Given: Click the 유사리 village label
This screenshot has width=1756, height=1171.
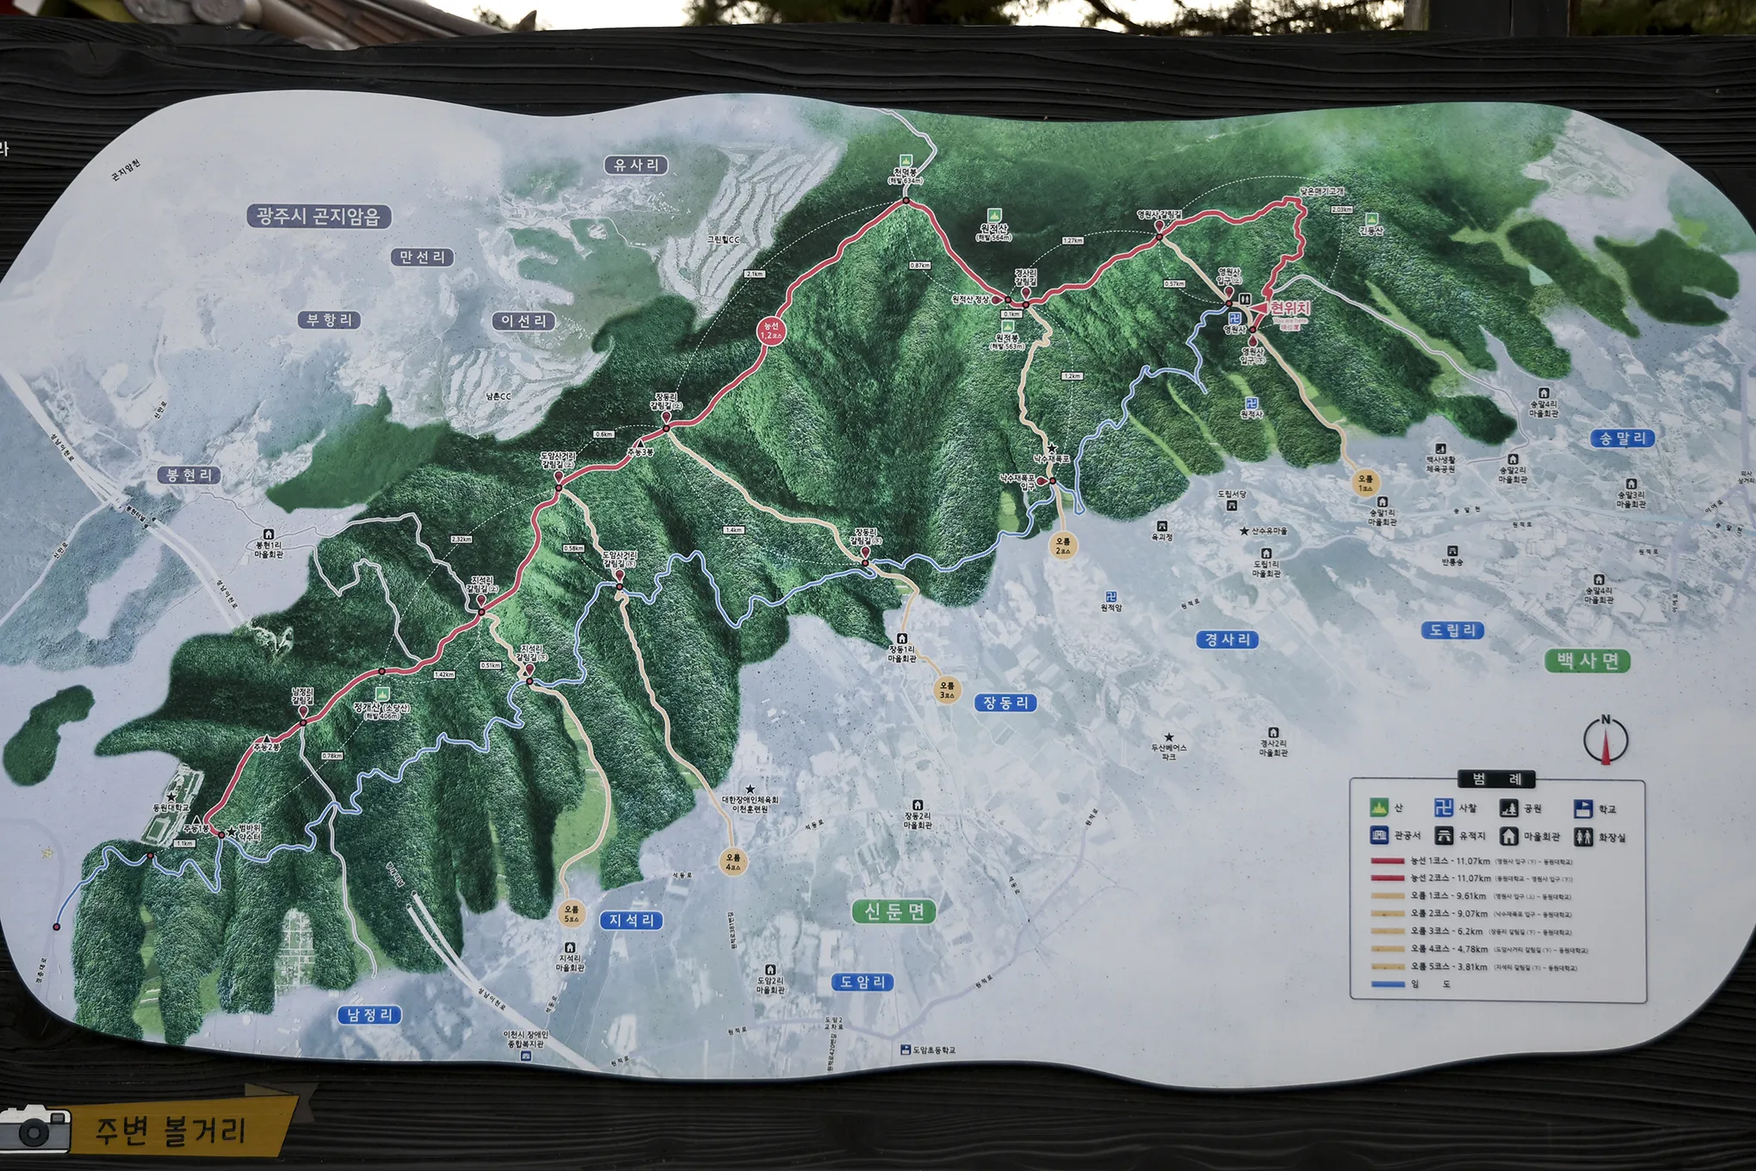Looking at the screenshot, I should (636, 165).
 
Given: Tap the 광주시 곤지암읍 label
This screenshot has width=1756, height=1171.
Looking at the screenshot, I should (318, 216).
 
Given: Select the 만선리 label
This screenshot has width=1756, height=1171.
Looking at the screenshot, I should (422, 257).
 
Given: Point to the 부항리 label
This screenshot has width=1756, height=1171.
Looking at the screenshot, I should (329, 320).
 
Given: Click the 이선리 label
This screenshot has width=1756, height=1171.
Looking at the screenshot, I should (523, 321).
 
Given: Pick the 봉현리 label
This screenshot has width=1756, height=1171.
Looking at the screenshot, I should (189, 475).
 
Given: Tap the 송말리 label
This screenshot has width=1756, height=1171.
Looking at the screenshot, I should (1622, 438).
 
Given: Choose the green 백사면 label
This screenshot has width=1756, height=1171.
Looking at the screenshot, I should (1587, 661).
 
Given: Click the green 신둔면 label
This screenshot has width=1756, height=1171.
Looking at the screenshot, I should (894, 911).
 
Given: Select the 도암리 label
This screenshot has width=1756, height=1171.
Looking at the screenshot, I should (863, 982).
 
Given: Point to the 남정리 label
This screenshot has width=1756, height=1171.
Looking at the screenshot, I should (369, 1015).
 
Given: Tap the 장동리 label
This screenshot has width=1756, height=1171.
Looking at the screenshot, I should (1005, 703).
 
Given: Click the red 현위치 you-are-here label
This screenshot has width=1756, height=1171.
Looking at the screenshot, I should (1289, 308).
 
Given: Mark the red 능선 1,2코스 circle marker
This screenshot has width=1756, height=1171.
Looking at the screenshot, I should (770, 331).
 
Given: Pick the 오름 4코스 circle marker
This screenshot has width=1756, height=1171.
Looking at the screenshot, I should (733, 862).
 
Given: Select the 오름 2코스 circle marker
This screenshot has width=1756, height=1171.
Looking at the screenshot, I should (1063, 546).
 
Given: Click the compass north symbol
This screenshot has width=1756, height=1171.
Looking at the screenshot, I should (1605, 740).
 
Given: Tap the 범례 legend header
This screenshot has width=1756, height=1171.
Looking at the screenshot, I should (1497, 780).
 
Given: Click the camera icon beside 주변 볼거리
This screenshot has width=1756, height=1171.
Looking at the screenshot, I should (35, 1129).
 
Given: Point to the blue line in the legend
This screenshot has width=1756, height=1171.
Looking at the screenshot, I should (1388, 984).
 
